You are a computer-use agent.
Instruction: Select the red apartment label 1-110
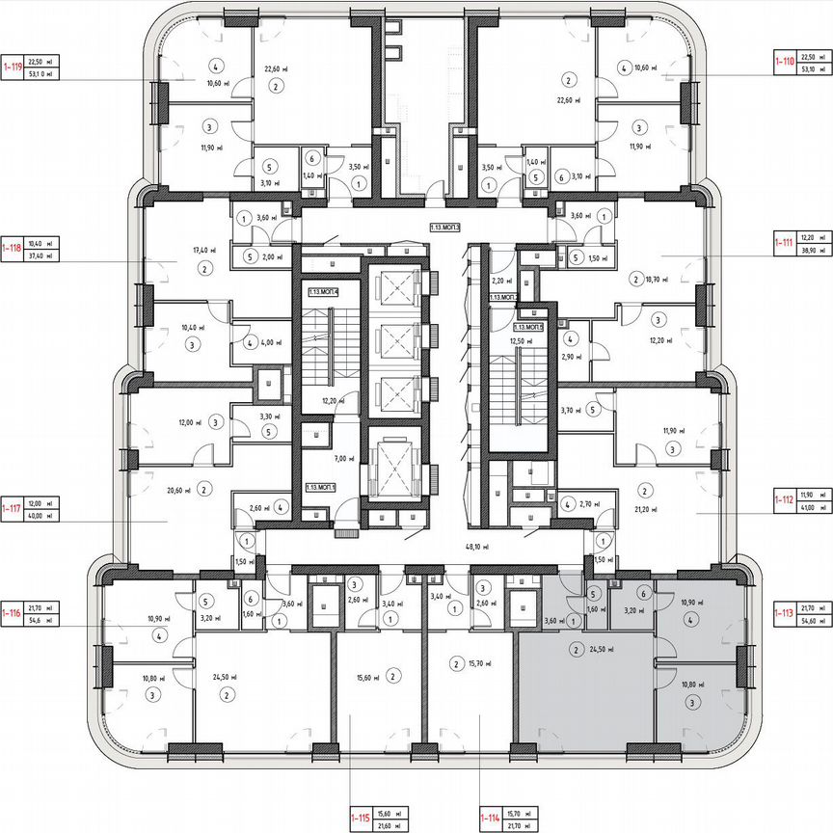(784, 61)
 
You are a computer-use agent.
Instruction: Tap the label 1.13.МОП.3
(445, 228)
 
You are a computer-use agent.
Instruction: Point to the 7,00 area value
(338, 459)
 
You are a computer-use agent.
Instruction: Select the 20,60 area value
(175, 491)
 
